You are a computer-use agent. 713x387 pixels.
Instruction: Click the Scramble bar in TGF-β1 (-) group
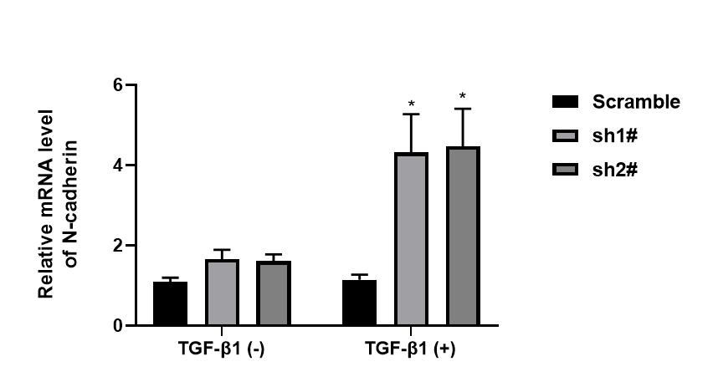tap(170, 304)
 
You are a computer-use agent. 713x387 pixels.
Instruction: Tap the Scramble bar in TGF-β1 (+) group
tap(360, 303)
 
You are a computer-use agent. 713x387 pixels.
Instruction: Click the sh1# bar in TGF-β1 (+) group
tap(412, 240)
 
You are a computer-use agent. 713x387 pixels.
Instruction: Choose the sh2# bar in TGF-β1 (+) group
tap(463, 237)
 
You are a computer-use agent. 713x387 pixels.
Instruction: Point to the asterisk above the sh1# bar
tap(412, 104)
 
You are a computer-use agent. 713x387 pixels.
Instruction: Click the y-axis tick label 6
tap(119, 85)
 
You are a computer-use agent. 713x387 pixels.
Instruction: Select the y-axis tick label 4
tap(119, 165)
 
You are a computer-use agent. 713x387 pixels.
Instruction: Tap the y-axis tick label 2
tap(119, 246)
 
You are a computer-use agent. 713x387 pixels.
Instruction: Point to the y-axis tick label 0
tap(119, 326)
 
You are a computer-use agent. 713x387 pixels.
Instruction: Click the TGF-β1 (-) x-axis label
tap(222, 349)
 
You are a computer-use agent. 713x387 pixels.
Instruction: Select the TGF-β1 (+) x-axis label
tap(411, 349)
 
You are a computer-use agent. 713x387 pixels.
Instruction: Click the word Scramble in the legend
tap(636, 102)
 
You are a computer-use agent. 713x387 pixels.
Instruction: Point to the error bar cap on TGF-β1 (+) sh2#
tap(463, 109)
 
